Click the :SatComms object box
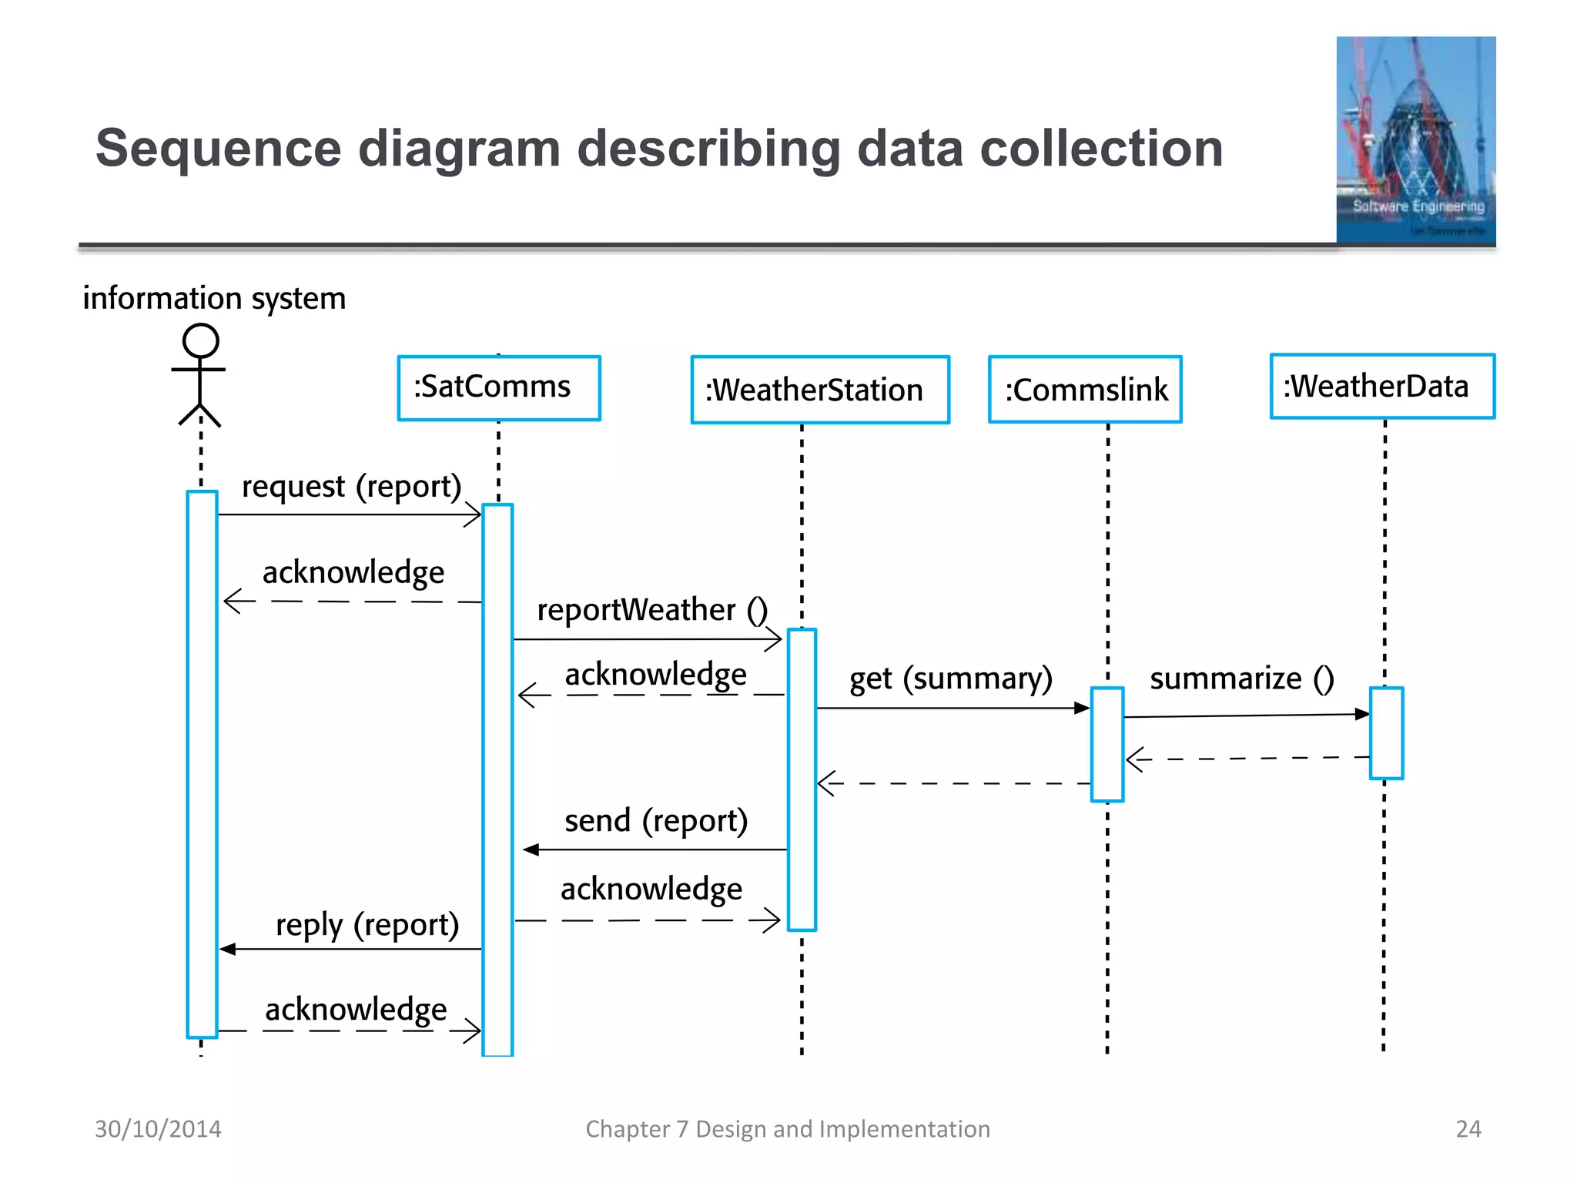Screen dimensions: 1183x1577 [x=499, y=387]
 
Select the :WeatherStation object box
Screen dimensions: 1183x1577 [x=820, y=390]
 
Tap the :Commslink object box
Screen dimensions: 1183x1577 [x=1085, y=390]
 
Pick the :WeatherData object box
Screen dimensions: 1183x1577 [x=1382, y=387]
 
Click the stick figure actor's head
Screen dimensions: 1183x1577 [x=200, y=340]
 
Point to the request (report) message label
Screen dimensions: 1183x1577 [x=351, y=487]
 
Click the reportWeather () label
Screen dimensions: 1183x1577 [x=651, y=610]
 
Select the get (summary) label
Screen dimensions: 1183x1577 [x=950, y=679]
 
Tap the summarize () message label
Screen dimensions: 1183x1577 [x=1241, y=679]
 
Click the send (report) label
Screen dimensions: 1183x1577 [x=656, y=821]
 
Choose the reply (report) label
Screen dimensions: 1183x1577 [x=367, y=924]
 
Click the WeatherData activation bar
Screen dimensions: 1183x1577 [x=1386, y=732]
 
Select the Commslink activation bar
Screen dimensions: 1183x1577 [x=1107, y=744]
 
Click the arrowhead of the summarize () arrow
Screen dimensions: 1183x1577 [x=1362, y=714]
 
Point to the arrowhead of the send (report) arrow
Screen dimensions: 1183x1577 [x=531, y=850]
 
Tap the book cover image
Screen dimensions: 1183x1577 [x=1415, y=140]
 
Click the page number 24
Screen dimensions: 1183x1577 [x=1468, y=1129]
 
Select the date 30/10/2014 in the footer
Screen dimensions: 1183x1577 [x=158, y=1129]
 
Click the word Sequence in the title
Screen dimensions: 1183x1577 [x=218, y=148]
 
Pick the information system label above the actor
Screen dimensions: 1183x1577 [x=214, y=298]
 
